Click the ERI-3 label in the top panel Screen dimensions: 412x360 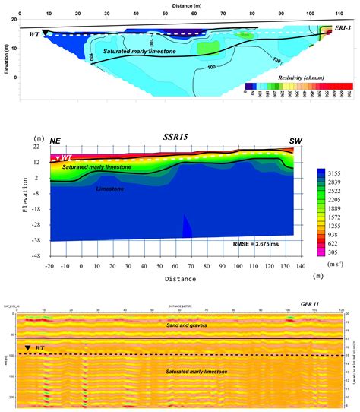click(343, 27)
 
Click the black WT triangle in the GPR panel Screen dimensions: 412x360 click(27, 347)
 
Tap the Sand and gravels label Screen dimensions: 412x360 click(186, 325)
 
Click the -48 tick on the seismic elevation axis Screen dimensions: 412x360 click(35, 256)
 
